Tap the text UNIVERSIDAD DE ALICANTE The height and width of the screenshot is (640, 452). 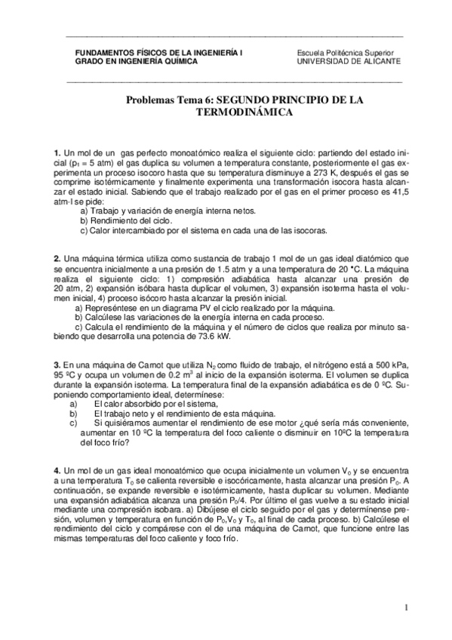349,61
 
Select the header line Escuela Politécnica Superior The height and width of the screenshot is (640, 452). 345,52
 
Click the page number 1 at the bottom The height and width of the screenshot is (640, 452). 405,608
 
